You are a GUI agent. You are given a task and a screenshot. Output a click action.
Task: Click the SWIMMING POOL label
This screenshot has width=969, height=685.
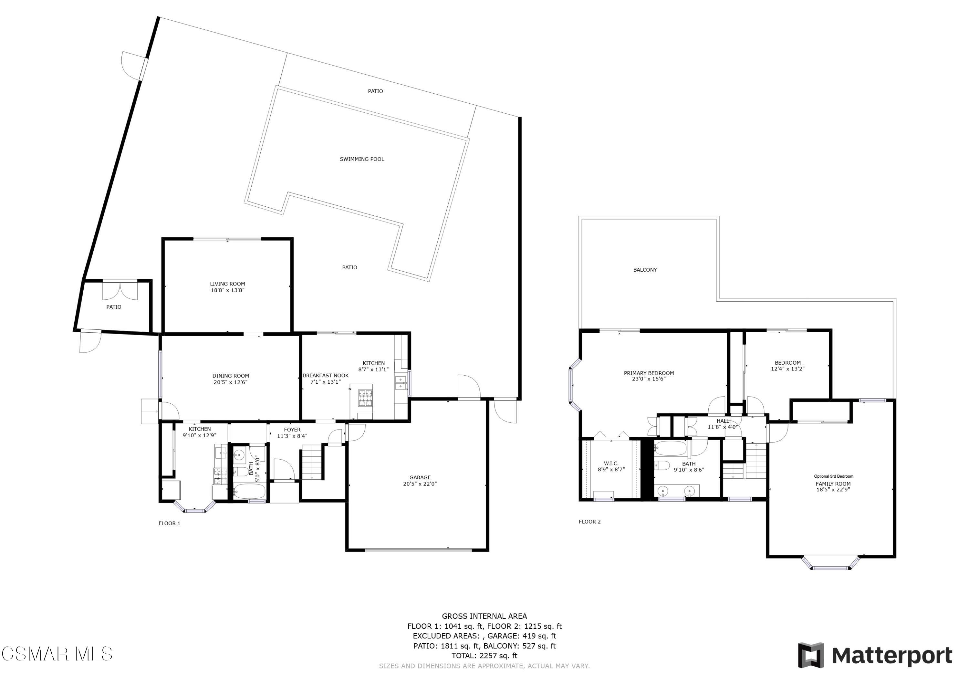(362, 159)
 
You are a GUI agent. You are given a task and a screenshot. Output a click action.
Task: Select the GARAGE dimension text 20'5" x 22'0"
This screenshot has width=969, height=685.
(420, 484)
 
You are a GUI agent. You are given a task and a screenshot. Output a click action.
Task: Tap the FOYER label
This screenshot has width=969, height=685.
(292, 430)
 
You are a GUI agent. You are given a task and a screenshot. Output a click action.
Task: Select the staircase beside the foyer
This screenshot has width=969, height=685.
(312, 464)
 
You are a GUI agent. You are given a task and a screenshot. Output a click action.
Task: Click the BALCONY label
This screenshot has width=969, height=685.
(645, 270)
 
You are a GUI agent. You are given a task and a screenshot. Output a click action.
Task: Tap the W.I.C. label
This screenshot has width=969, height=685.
(611, 463)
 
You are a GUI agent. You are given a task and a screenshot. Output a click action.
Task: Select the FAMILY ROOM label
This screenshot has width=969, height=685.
(833, 484)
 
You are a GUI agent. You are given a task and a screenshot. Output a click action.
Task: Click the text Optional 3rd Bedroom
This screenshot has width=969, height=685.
(834, 476)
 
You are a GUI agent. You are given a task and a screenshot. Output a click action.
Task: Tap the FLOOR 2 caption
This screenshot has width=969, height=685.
(589, 522)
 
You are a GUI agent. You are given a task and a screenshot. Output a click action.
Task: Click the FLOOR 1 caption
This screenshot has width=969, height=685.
(169, 523)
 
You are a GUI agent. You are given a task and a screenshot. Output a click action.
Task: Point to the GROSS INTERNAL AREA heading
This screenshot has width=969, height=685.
(484, 616)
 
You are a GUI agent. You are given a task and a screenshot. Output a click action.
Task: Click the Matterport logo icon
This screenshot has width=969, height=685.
(810, 656)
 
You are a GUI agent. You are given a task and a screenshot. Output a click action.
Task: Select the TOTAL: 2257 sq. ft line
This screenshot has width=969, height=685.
(484, 656)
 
